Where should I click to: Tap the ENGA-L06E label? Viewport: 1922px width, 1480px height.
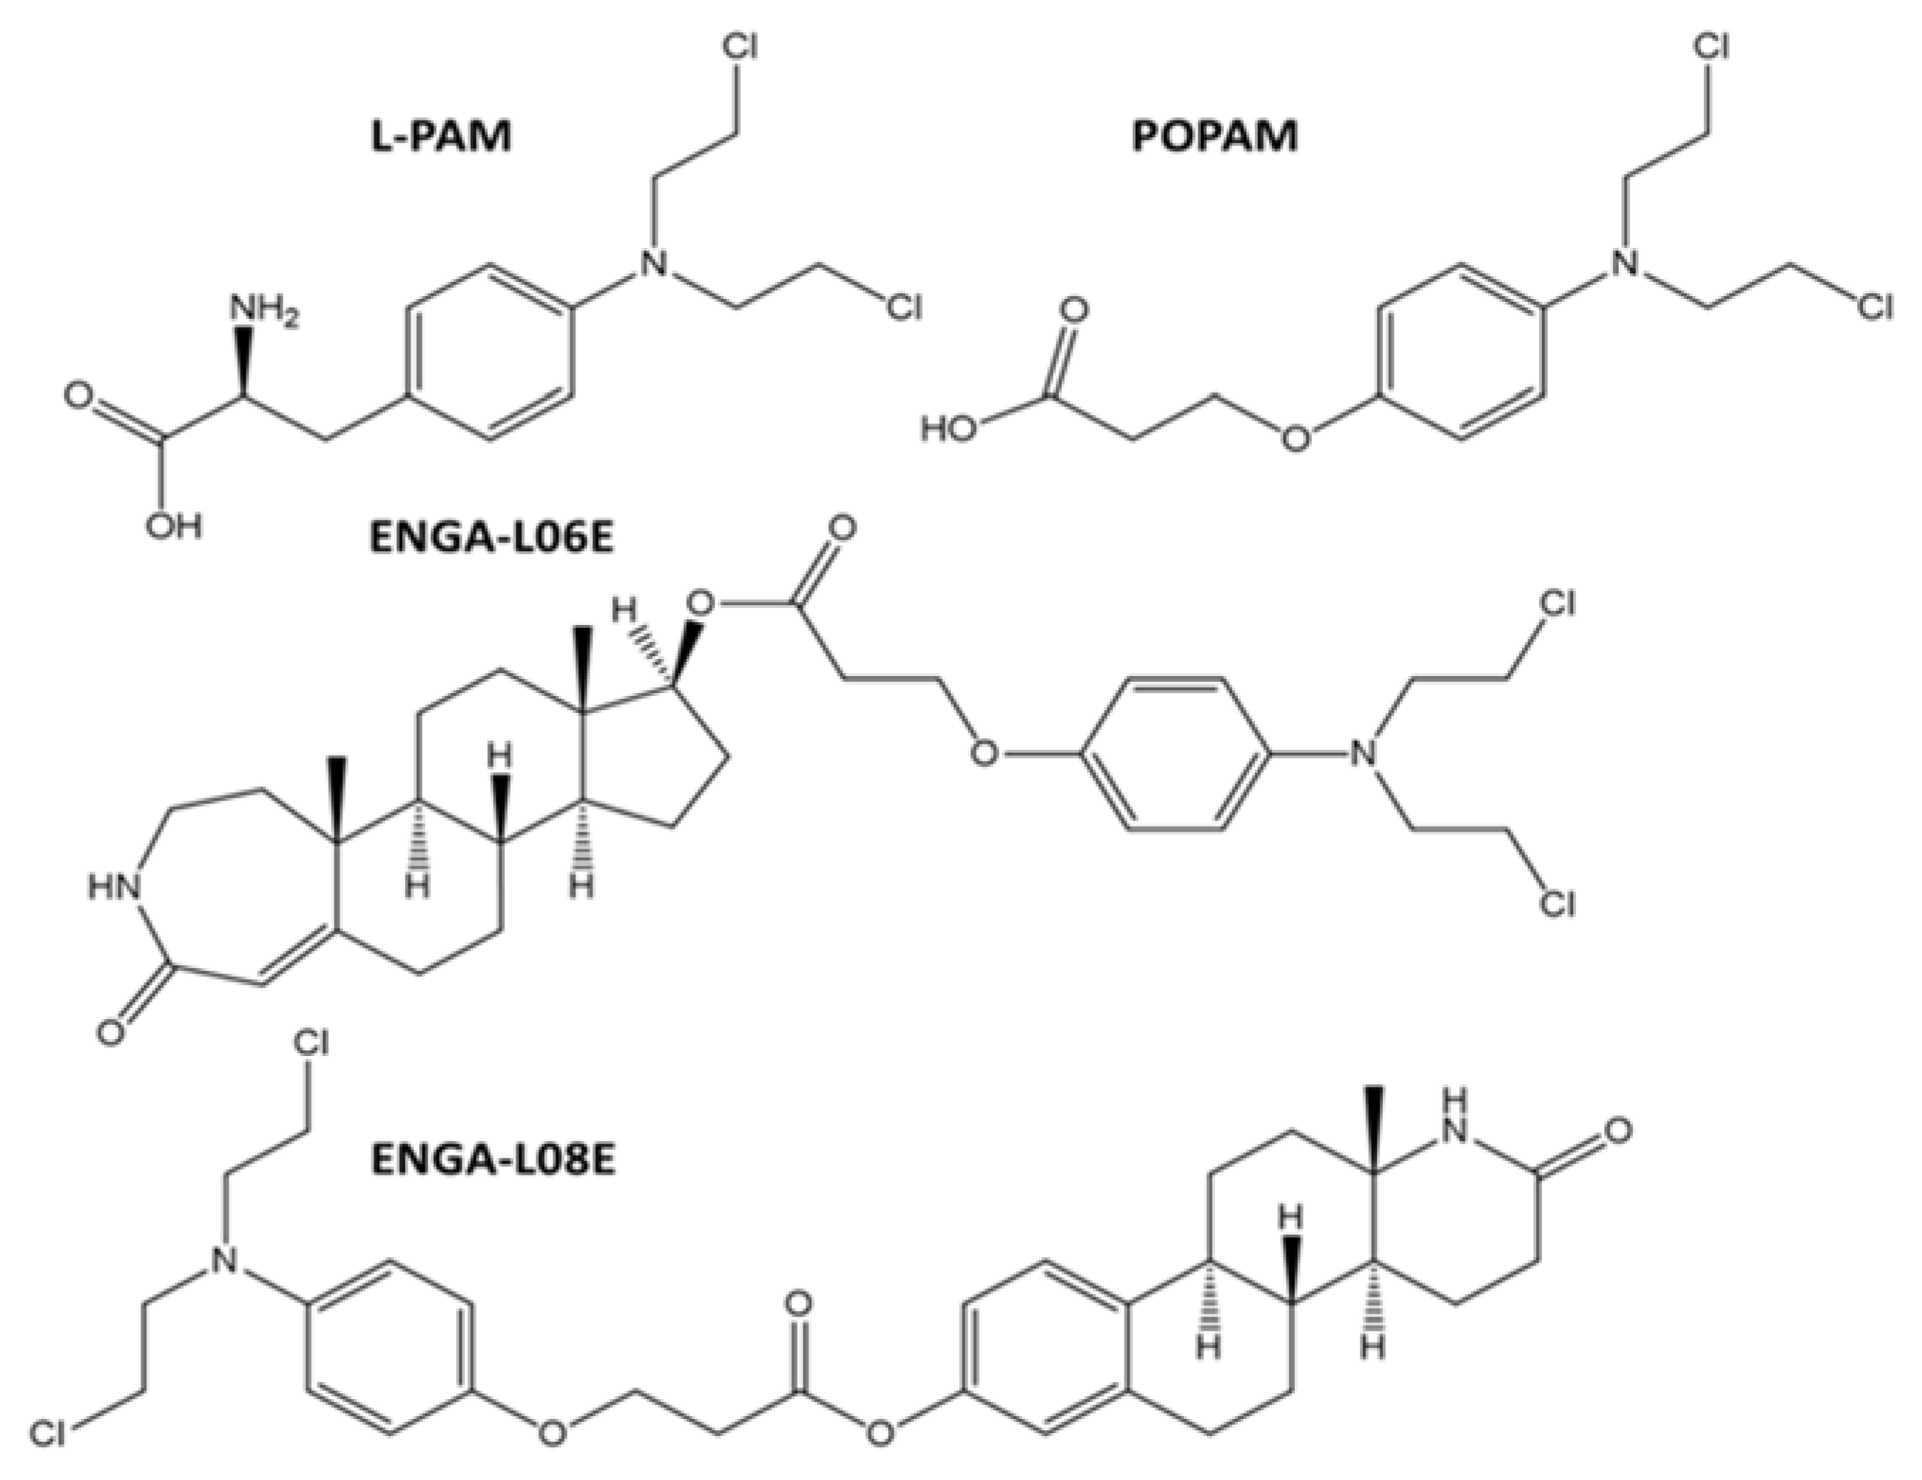coord(490,538)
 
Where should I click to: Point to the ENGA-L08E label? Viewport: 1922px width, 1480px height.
coord(492,1160)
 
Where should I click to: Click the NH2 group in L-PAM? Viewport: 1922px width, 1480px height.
coord(261,310)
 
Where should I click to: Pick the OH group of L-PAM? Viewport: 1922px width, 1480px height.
coord(174,526)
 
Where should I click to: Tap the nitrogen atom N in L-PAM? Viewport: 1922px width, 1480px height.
coord(652,262)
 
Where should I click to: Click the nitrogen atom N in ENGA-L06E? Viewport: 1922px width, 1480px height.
coord(1363,754)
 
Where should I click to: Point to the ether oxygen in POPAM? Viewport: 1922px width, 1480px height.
coord(1295,437)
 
